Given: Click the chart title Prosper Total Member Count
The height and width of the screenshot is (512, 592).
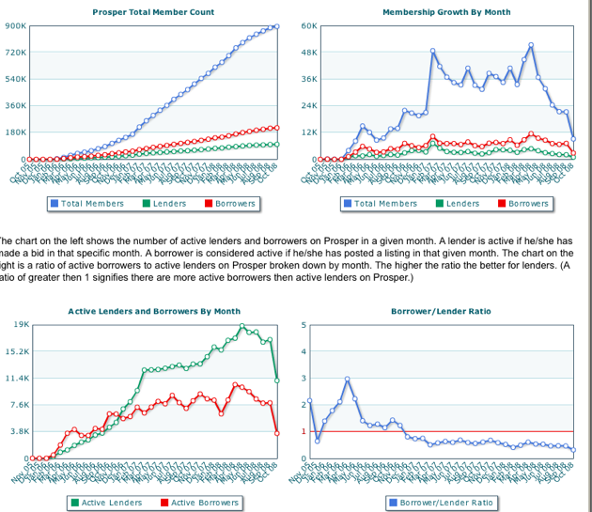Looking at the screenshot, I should point(153,12).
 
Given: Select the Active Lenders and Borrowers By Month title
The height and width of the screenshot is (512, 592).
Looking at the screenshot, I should point(154,311).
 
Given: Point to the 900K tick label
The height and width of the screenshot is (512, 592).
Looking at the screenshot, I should point(15,25).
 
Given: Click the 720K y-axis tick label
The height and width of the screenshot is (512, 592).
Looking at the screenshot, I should point(15,53).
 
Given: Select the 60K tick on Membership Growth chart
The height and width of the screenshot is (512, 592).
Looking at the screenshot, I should point(309,25).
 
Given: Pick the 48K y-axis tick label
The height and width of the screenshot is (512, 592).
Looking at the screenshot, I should point(309,53).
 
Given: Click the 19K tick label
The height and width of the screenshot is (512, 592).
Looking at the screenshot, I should point(20,324).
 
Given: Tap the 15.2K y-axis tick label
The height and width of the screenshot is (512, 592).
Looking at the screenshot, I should point(17,351).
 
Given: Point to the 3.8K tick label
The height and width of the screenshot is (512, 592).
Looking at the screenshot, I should point(19,431).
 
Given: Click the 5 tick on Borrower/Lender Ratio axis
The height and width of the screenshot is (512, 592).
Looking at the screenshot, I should point(303,325).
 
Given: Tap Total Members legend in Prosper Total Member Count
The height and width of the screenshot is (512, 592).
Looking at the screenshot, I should point(91,204).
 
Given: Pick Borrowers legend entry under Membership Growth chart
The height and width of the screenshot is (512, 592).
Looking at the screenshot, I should point(527,204).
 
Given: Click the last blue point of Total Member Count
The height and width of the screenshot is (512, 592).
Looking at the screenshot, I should point(277,26).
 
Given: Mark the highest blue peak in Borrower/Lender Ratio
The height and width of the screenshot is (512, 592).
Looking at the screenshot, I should point(348,379).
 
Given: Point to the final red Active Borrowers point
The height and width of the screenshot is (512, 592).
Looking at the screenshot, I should point(277,433).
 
